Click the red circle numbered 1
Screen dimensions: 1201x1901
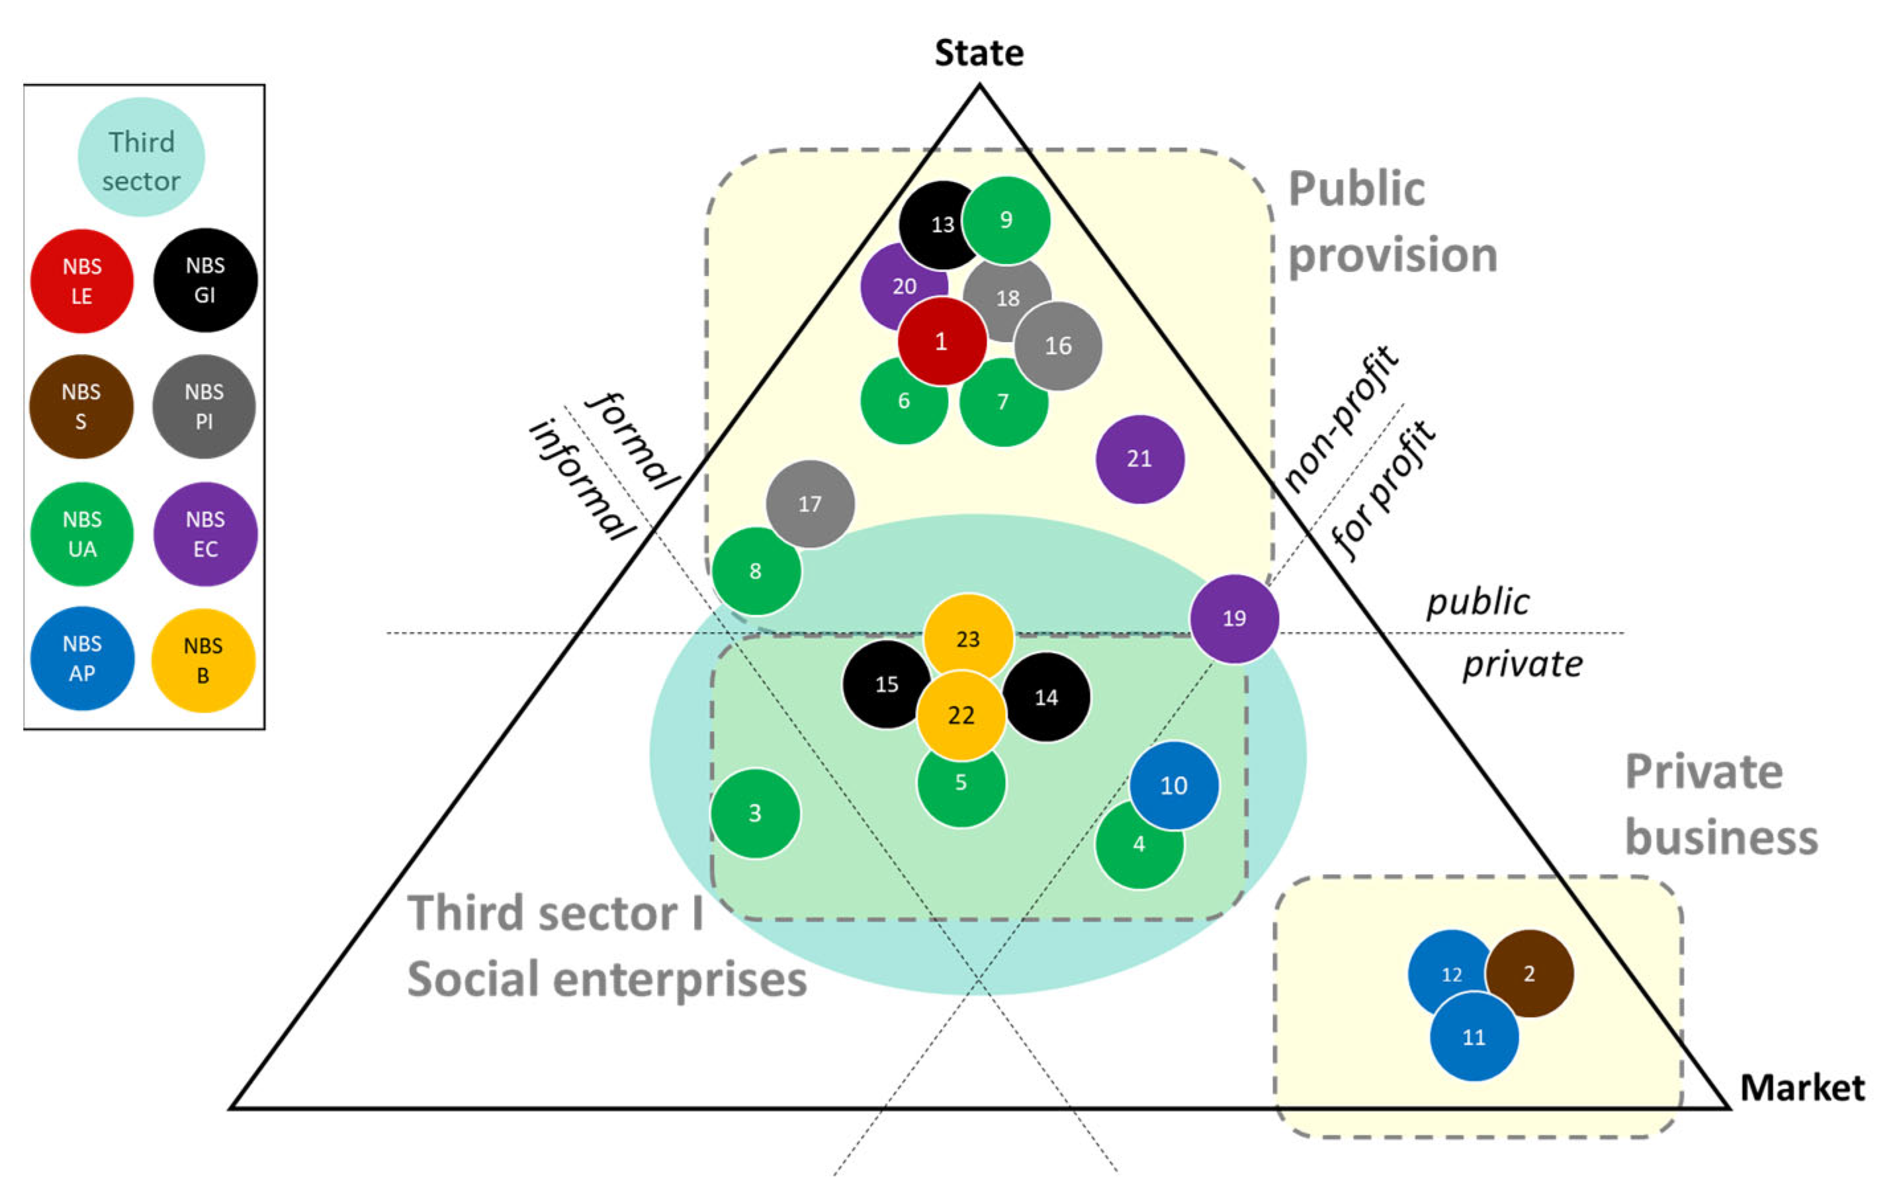tap(941, 341)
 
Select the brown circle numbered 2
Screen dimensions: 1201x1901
tap(1529, 973)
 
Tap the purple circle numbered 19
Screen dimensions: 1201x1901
tap(1234, 617)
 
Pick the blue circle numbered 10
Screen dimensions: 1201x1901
tap(1174, 785)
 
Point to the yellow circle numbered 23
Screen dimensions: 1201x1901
tap(968, 638)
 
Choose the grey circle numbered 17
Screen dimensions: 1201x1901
tap(810, 504)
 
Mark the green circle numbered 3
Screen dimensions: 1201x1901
tap(755, 813)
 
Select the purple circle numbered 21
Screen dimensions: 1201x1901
tap(1139, 459)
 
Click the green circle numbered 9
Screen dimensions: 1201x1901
tap(1006, 220)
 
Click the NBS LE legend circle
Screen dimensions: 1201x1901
tap(81, 281)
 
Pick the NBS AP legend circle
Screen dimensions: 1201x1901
tap(81, 658)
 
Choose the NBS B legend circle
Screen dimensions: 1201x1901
tap(203, 660)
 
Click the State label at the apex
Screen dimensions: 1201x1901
tap(979, 53)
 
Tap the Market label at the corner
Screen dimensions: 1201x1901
tap(1802, 1087)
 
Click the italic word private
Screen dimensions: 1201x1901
tap(1522, 664)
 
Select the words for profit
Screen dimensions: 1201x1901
tap(1383, 490)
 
